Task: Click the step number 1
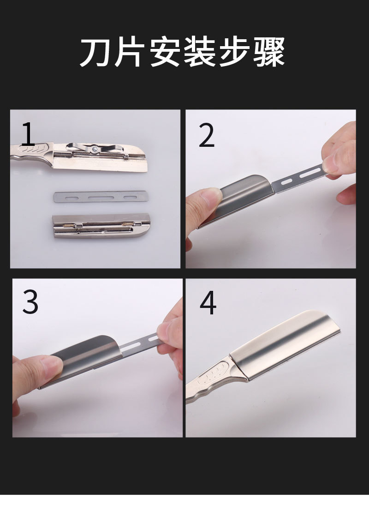point(28,134)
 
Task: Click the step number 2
point(207,136)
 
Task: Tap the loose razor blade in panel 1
point(101,197)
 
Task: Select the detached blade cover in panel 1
point(101,225)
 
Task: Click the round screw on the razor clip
point(95,149)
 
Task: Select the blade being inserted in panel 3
point(138,344)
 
